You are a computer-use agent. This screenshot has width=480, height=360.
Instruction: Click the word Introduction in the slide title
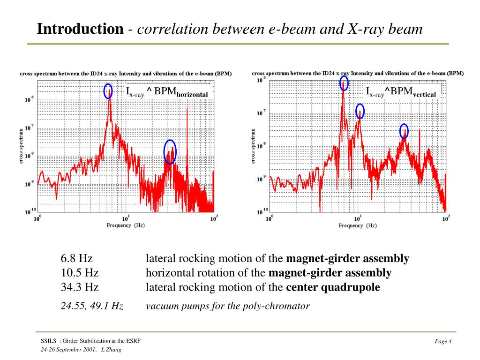point(80,29)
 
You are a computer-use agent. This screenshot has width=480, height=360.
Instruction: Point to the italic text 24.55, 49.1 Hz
point(92,306)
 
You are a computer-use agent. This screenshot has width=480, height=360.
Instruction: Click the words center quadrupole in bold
point(333,287)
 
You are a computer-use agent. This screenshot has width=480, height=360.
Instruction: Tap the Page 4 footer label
point(443,341)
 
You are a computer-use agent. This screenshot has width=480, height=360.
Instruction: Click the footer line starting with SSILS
point(90,340)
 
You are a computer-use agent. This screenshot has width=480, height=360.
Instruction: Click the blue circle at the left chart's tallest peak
point(108,91)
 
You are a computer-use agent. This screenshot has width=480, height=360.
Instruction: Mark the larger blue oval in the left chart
point(170,152)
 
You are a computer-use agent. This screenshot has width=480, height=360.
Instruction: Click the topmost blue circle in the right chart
point(344,83)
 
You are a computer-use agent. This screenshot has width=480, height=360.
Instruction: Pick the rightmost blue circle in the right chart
point(404,131)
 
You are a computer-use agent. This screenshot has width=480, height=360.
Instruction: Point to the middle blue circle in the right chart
point(360,111)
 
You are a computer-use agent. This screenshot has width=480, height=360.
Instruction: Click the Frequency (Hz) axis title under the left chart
point(126,225)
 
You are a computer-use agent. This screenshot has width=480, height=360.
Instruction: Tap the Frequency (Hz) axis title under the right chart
point(358,225)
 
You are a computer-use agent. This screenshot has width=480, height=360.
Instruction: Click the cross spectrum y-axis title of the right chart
point(254,146)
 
